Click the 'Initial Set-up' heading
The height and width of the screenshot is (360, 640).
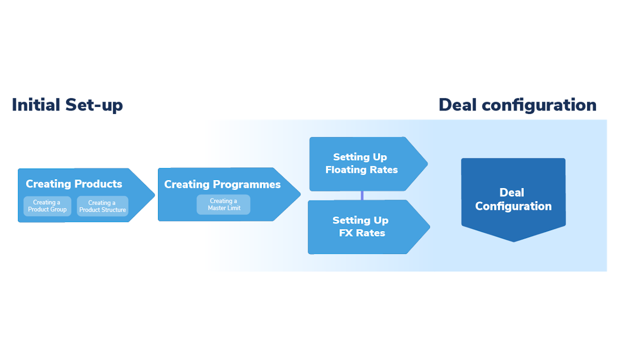(x=67, y=105)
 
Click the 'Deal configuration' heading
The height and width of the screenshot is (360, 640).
(x=517, y=105)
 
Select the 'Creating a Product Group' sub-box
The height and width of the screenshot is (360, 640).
(x=47, y=206)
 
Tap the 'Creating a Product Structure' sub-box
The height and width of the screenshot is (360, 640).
(x=102, y=206)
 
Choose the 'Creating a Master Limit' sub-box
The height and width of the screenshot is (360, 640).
(x=223, y=204)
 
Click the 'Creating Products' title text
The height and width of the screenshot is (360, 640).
(x=74, y=184)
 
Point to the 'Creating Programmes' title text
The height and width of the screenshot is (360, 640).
(x=222, y=184)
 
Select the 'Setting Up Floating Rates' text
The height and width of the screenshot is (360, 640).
(x=361, y=163)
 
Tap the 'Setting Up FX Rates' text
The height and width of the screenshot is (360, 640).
(x=361, y=226)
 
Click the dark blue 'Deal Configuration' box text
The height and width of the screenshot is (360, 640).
(x=513, y=199)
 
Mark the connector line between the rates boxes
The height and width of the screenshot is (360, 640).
(x=362, y=195)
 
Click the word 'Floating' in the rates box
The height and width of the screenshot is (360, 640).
(x=345, y=170)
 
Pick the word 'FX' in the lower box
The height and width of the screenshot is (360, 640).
(x=346, y=233)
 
